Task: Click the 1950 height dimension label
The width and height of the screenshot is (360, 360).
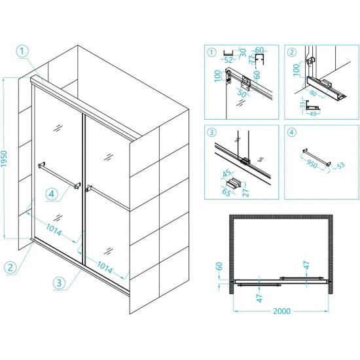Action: click(4, 158)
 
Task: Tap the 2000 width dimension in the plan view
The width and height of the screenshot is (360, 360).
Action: click(281, 311)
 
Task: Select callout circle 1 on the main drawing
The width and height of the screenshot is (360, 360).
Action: click(22, 51)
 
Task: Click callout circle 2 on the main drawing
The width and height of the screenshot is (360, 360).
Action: click(10, 268)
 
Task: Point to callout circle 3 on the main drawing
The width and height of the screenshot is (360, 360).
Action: click(59, 283)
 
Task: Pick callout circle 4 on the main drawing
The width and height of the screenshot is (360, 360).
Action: click(52, 194)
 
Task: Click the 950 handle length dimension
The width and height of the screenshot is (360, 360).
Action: click(312, 164)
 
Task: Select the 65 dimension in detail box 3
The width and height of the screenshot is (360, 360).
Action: click(226, 192)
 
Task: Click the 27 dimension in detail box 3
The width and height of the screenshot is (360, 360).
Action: click(245, 192)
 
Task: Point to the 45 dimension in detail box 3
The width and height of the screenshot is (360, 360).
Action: click(227, 173)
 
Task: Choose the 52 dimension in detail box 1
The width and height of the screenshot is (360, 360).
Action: click(228, 60)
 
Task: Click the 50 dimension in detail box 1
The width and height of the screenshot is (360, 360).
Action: click(242, 94)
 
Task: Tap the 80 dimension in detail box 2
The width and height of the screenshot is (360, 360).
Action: click(313, 93)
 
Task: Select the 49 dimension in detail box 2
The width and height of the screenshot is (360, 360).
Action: click(313, 114)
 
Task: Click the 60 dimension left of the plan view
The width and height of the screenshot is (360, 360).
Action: click(219, 266)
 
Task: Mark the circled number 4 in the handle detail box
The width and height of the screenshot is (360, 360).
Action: click(291, 132)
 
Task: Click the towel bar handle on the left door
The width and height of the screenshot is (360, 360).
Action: click(59, 175)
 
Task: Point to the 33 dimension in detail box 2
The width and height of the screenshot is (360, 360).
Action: click(303, 105)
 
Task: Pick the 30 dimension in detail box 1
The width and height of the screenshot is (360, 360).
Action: click(243, 52)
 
